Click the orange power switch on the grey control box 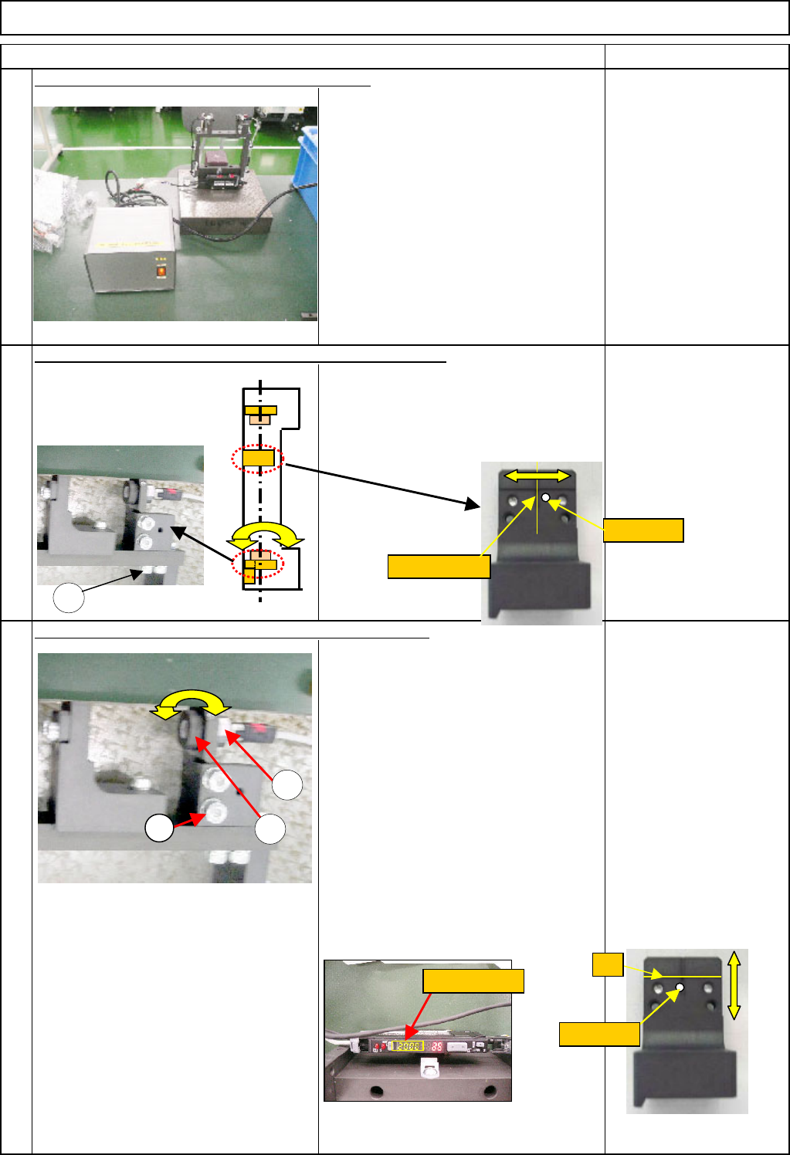coord(161,271)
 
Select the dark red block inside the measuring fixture coord(213,160)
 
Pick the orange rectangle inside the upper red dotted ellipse coord(258,459)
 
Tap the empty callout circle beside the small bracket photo coord(68,598)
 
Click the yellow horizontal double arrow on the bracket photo coord(537,476)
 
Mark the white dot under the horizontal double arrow coord(546,499)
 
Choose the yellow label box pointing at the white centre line coord(439,566)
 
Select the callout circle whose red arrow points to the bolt coord(160,828)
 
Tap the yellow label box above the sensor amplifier coord(473,981)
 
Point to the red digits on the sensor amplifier coord(437,1047)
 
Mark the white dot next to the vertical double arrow coord(680,987)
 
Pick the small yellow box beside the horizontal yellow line coord(608,964)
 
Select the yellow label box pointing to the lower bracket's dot coord(599,1034)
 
